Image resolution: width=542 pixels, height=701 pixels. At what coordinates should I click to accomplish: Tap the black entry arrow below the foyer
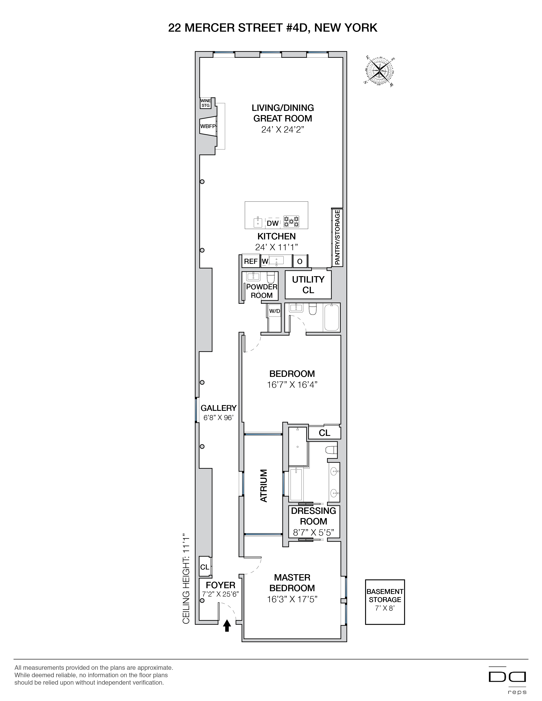(x=227, y=625)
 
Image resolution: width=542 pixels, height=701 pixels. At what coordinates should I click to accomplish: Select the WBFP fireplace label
(x=208, y=126)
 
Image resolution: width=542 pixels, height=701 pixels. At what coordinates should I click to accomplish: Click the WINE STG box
(x=206, y=103)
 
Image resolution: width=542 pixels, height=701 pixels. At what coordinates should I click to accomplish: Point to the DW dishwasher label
(x=273, y=223)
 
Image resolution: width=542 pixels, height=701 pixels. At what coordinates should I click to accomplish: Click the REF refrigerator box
(x=250, y=261)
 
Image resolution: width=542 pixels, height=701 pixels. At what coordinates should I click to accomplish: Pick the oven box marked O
(x=299, y=261)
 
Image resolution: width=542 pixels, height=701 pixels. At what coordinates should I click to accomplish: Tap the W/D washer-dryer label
(x=275, y=311)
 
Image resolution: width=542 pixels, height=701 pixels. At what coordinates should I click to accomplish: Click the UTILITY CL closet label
(x=308, y=284)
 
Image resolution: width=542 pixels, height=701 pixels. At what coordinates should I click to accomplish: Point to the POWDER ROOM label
(x=261, y=291)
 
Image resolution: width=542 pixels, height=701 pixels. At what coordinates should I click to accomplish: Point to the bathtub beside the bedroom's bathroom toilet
(x=331, y=317)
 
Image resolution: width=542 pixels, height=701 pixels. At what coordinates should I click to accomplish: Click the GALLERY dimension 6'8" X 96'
(x=218, y=418)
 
